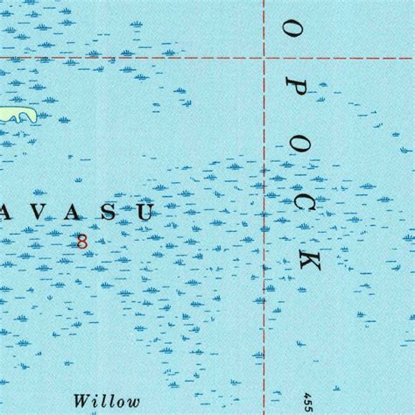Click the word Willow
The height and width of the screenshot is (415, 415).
point(107,377)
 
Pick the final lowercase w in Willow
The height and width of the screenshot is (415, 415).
point(133,379)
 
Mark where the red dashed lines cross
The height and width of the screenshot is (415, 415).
point(264,59)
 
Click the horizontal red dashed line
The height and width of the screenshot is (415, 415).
point(131,59)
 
